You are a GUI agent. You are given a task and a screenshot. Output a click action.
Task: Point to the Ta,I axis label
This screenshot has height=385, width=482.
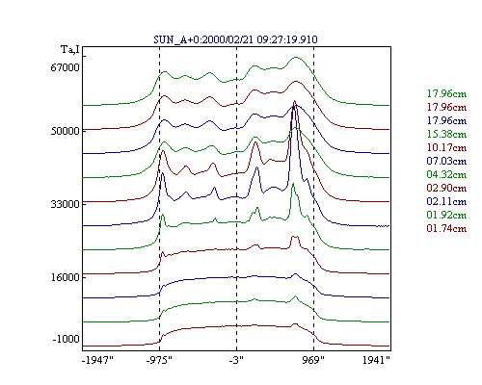70,50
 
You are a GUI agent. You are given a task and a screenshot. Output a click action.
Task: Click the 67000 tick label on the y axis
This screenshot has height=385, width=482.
65,67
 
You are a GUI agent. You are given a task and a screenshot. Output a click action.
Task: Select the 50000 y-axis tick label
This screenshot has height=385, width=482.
65,131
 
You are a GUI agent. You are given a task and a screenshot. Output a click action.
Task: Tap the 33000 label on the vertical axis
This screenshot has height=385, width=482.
65,204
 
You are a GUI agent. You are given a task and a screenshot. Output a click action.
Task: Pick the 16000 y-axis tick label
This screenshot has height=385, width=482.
65,277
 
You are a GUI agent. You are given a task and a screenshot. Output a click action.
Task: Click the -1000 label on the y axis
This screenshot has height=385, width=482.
66,339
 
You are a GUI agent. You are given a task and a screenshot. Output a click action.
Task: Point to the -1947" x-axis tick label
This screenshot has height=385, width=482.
97,360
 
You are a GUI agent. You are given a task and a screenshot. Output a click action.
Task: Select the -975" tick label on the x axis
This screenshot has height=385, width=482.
159,360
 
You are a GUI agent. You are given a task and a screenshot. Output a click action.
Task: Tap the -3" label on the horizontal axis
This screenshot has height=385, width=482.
236,360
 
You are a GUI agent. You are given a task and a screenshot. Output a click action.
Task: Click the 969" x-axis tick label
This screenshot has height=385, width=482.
313,360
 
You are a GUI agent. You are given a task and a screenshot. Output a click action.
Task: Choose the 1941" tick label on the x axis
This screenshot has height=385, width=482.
376,360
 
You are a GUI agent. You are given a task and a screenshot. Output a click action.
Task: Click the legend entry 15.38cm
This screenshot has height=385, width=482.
446,134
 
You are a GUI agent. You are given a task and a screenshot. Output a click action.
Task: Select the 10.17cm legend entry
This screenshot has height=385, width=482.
446,147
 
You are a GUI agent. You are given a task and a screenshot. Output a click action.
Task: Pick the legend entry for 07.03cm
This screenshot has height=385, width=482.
446,161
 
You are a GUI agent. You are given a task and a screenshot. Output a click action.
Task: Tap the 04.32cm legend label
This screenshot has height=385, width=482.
446,174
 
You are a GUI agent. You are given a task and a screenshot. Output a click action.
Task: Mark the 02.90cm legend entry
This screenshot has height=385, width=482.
446,188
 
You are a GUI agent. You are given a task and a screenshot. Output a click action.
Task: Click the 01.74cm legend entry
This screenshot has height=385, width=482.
446,228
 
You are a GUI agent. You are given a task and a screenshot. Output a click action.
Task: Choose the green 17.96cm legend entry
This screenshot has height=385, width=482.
446,93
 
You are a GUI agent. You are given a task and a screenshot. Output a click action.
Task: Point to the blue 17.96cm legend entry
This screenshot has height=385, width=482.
446,120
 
